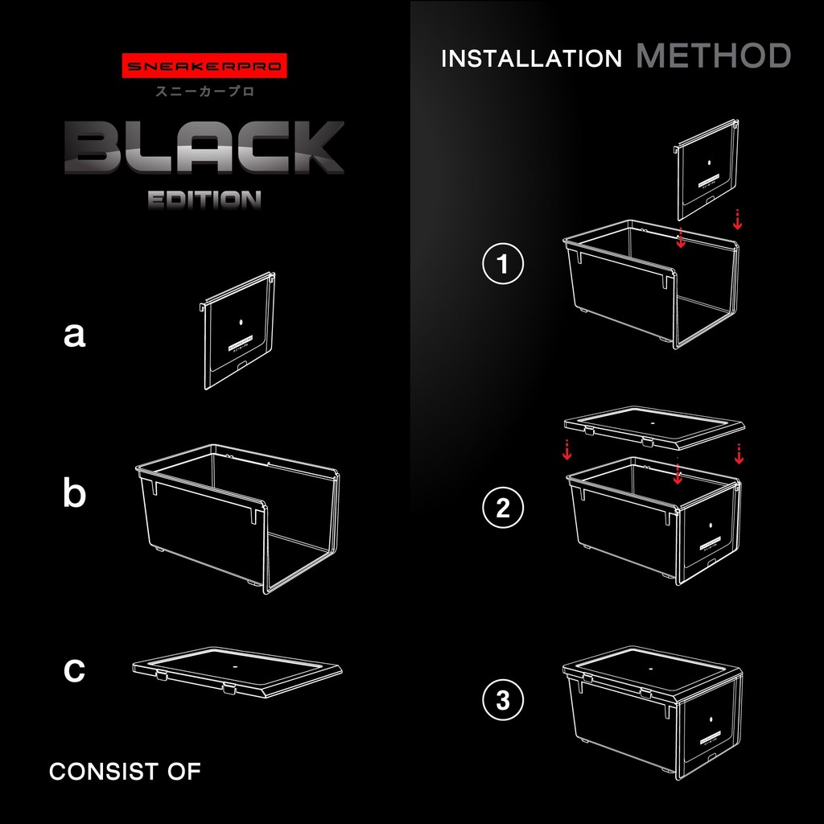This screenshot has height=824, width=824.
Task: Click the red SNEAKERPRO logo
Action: pos(204,66)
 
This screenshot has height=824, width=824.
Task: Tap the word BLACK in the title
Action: pos(204,148)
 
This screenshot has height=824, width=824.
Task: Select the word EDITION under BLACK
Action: pos(204,200)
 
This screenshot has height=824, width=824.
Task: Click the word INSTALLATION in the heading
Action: pos(531,58)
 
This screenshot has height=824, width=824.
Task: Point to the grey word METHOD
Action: pos(714,56)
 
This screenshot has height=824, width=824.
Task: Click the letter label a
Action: pos(74,335)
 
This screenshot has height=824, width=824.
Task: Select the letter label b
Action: pos(74,493)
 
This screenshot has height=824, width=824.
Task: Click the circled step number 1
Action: pos(503,263)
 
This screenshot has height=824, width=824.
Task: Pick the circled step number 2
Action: pos(503,508)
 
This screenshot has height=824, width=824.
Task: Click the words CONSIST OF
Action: pos(125,772)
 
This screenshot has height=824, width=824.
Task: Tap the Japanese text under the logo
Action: pos(205,92)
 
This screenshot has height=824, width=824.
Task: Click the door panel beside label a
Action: pos(237,331)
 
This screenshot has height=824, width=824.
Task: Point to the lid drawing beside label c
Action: pos(237,672)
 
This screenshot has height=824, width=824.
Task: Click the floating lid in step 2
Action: pos(655,426)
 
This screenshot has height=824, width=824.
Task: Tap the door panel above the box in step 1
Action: pos(707,170)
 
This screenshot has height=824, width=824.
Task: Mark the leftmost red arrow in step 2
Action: pos(567,450)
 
